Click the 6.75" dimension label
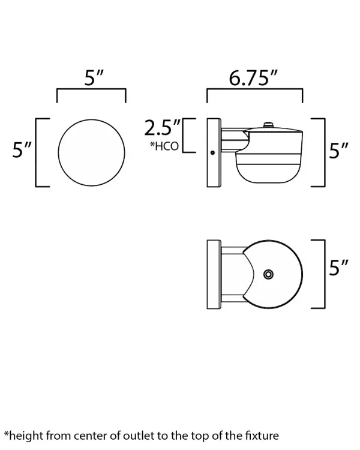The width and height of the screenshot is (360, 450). click(254, 78)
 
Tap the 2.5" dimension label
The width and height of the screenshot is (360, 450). click(163, 127)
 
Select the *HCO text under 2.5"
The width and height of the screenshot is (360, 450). click(164, 146)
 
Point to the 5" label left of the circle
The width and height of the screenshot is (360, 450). click(22, 150)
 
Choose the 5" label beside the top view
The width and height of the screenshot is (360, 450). click(339, 268)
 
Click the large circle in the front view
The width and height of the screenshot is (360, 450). click(91, 152)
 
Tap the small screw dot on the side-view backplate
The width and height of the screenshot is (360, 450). click(212, 152)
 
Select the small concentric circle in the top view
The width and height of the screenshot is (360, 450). click(268, 274)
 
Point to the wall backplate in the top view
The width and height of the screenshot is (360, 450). click(213, 274)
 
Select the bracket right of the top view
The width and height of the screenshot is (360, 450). click(322, 274)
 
